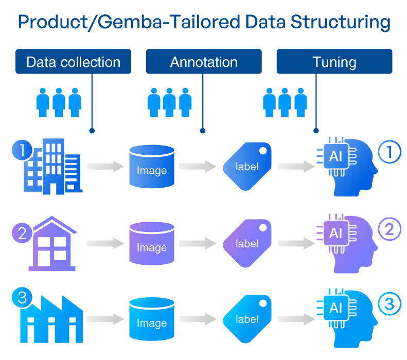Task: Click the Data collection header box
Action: (73, 62)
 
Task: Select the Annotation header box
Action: (204, 62)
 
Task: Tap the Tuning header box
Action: (334, 62)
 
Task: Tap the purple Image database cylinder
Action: (152, 243)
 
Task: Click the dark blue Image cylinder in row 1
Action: (152, 167)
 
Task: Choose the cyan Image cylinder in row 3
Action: (152, 319)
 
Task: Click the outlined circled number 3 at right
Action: (389, 305)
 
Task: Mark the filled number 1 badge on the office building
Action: (22, 151)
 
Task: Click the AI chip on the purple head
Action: (335, 233)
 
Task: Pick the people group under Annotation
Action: (169, 102)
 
